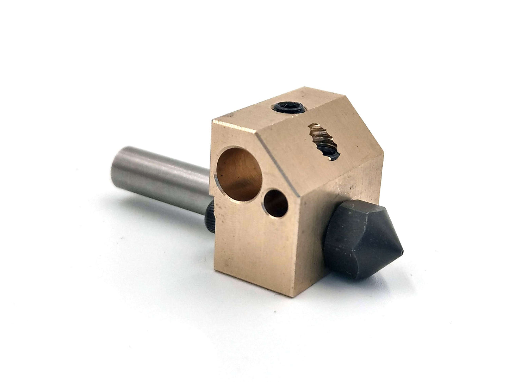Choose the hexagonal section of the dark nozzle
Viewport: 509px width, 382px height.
point(349,243)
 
